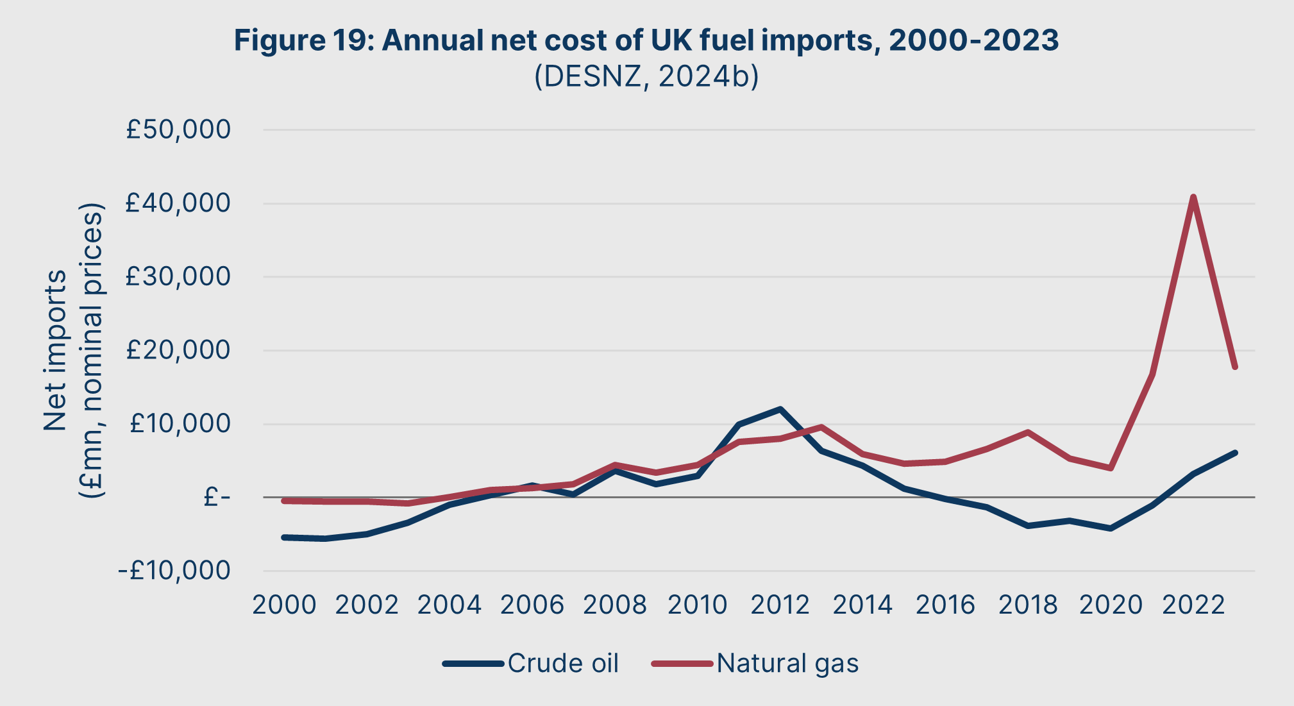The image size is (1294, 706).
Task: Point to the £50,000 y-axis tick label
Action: click(178, 130)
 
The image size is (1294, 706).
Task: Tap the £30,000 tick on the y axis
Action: click(178, 276)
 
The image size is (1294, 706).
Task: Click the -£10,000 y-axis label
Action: click(174, 570)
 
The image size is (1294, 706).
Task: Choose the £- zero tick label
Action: click(216, 497)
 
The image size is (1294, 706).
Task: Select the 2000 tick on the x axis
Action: click(284, 605)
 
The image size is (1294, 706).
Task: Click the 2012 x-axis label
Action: click(780, 605)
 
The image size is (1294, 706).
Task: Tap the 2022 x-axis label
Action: click(1193, 605)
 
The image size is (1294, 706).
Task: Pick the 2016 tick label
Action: click(945, 605)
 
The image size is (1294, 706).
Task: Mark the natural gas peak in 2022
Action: click(1193, 197)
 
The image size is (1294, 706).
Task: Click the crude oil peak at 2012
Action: click(780, 409)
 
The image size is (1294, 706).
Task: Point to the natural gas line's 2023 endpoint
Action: click(1234, 367)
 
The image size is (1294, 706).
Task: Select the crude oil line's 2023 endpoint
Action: click(1234, 453)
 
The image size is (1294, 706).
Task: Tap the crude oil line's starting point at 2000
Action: click(284, 537)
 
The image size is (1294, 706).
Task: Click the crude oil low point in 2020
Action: click(1111, 528)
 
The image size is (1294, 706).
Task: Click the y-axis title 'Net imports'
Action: click(55, 350)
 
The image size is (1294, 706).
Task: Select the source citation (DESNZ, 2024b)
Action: click(646, 76)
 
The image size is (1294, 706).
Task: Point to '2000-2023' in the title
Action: click(973, 40)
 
